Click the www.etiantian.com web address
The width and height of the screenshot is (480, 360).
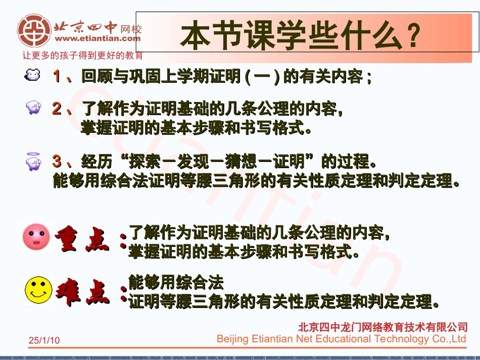98,38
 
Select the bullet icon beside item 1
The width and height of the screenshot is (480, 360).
33,76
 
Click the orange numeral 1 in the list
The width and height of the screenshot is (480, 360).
58,77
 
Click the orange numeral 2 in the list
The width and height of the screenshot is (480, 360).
57,109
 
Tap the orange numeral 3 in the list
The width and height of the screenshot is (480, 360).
57,162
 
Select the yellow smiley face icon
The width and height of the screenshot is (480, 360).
38,290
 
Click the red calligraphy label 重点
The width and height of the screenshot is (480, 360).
82,240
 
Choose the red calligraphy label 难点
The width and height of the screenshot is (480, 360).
82,293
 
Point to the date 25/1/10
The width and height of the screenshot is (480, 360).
44,341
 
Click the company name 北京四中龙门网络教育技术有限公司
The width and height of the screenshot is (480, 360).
383,327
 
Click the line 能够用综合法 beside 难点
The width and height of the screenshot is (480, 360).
176,282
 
